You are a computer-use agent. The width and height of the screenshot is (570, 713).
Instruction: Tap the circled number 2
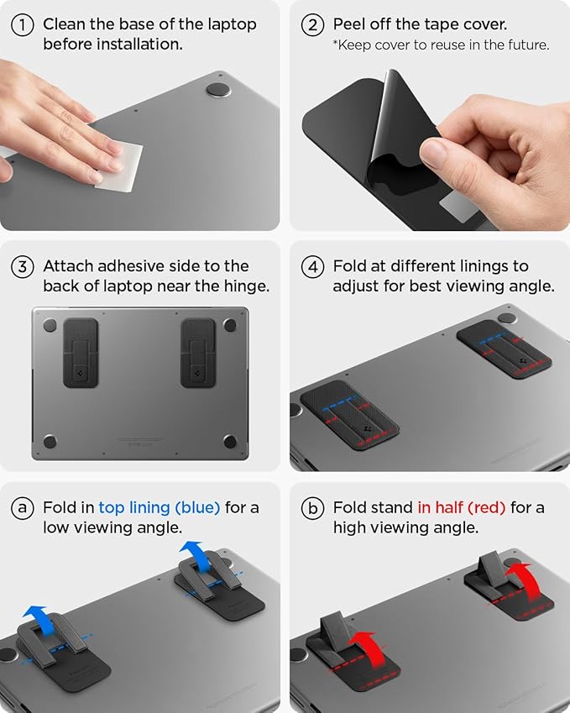pos(312,24)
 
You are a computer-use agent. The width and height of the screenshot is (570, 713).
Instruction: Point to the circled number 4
pos(312,266)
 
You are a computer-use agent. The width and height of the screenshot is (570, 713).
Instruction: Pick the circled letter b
pos(312,508)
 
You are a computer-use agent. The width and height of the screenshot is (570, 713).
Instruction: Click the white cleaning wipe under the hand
pos(118,165)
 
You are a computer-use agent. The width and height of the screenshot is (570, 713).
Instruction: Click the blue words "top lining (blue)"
pos(159,508)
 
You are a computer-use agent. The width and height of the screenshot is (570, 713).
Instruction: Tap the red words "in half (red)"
pos(461,508)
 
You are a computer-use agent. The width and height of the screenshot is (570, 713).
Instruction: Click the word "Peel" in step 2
pos(350,24)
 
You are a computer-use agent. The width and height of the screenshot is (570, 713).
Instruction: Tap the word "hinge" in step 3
pos(245,286)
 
